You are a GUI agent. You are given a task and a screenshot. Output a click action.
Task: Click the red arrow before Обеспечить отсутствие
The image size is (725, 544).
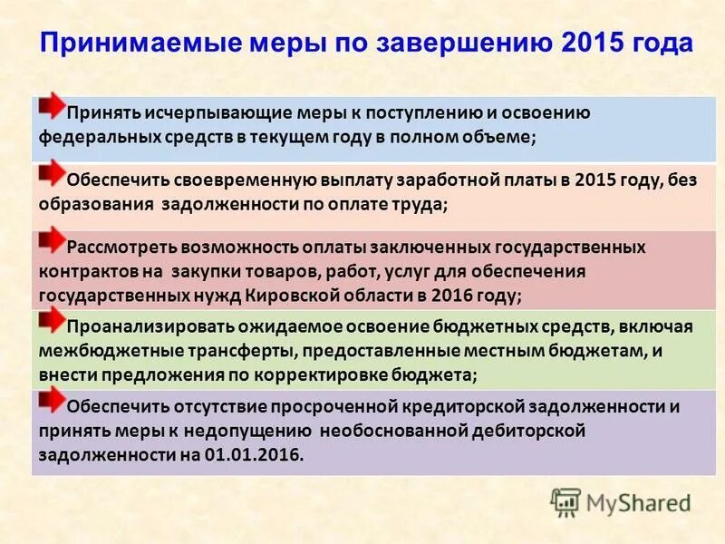[x=53, y=398]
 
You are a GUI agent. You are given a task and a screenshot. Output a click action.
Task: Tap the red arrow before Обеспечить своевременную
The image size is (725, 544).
[x=53, y=172]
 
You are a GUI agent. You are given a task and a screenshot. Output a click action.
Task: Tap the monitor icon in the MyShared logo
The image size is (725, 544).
[x=565, y=501]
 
